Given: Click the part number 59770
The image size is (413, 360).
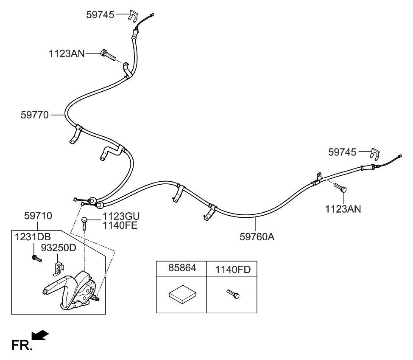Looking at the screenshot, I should pos(35,115).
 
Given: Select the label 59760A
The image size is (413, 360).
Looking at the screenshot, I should pos(256,236).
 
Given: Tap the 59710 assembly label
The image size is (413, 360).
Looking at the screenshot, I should pos(38,217).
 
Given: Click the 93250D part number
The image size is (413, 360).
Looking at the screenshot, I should pos(58,248).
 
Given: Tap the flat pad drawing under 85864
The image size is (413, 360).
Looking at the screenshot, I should pos(182,294).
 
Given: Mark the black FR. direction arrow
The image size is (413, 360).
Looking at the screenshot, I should pos(41,336).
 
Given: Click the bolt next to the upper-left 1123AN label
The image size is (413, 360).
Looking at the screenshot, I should pos(108,55).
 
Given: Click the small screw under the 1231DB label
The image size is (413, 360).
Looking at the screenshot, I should pos(36,258).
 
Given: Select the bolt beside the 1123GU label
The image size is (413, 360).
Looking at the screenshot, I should pos(85,222).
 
